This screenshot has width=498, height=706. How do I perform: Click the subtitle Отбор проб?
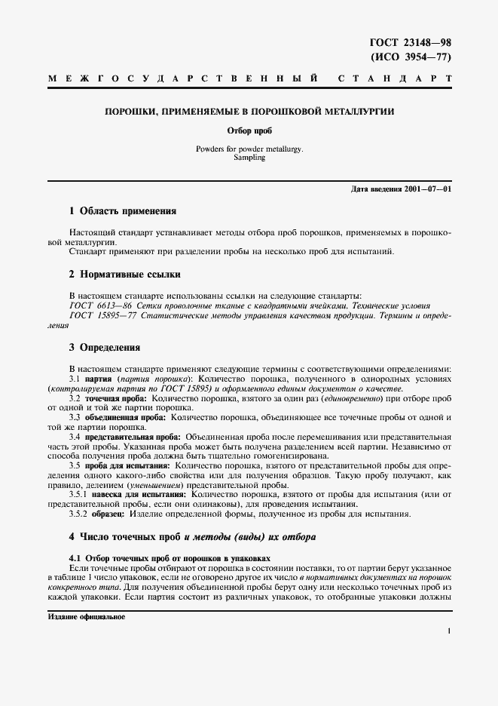[249, 130]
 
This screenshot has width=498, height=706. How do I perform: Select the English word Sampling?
[249, 158]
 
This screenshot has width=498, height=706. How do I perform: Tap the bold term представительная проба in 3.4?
[132, 436]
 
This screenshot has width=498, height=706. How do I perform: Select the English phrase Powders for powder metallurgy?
[249, 149]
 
